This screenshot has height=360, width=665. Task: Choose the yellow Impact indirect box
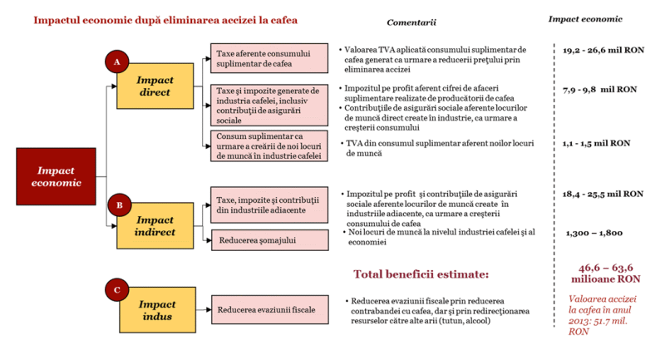tap(156, 225)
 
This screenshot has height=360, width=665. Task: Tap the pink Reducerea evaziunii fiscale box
tap(268, 309)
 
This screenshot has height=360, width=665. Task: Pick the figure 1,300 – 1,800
tap(594, 234)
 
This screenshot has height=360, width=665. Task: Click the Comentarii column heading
tap(411, 21)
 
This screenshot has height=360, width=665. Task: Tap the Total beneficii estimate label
tap(420, 274)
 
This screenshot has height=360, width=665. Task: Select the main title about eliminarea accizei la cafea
tap(165, 19)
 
